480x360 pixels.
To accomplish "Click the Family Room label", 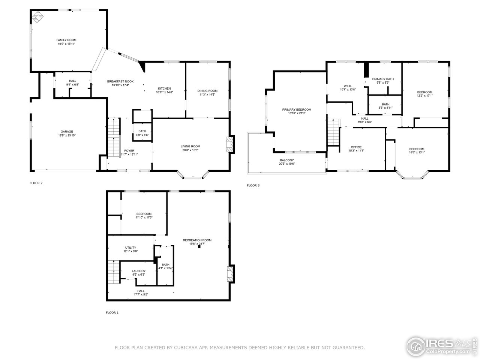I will (x=66, y=40).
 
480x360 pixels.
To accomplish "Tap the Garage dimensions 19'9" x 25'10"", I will (x=67, y=135).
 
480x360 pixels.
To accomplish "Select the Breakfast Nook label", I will (x=120, y=81).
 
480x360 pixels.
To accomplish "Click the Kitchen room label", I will (x=164, y=88).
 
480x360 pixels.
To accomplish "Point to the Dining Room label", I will (x=207, y=91).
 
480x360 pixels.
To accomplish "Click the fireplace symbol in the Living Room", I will (x=229, y=145).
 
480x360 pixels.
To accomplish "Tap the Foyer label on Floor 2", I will (x=129, y=151).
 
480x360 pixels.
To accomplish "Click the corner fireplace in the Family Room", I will (x=37, y=17).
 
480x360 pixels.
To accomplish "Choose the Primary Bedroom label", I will (x=297, y=109).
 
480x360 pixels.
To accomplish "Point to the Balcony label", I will (x=287, y=160).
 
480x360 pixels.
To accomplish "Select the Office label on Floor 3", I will (x=356, y=147).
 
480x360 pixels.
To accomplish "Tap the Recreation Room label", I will (x=197, y=240).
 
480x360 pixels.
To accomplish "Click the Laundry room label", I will (x=138, y=271).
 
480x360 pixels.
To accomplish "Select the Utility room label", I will (x=130, y=247).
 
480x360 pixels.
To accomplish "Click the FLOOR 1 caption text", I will (x=112, y=312).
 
